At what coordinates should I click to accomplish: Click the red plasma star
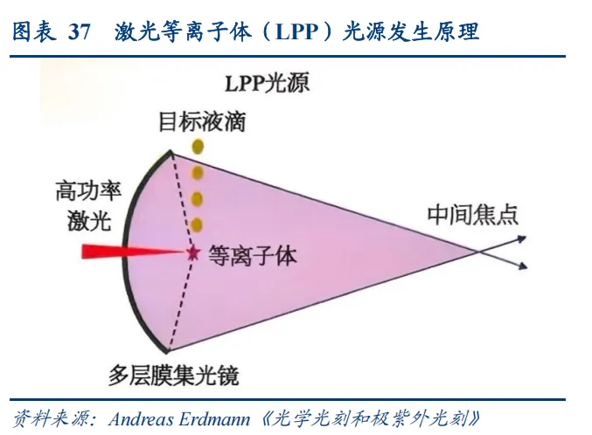[x=192, y=253]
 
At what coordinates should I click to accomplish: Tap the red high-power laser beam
[x=131, y=252]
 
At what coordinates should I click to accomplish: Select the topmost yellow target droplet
[x=198, y=146]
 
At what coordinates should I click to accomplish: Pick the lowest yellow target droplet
[x=198, y=224]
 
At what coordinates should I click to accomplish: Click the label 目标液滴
[x=202, y=121]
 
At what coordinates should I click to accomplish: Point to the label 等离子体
[x=253, y=255]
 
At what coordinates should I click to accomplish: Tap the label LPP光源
[x=267, y=84]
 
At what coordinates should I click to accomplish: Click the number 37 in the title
[x=80, y=32]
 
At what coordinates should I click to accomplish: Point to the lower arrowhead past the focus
[x=521, y=268]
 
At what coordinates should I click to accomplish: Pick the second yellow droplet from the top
[x=198, y=172]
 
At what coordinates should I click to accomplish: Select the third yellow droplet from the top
[x=198, y=198]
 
